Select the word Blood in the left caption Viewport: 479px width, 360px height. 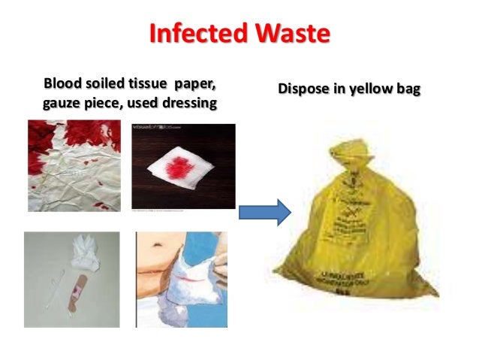point(63,81)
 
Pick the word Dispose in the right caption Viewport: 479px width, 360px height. point(303,89)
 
